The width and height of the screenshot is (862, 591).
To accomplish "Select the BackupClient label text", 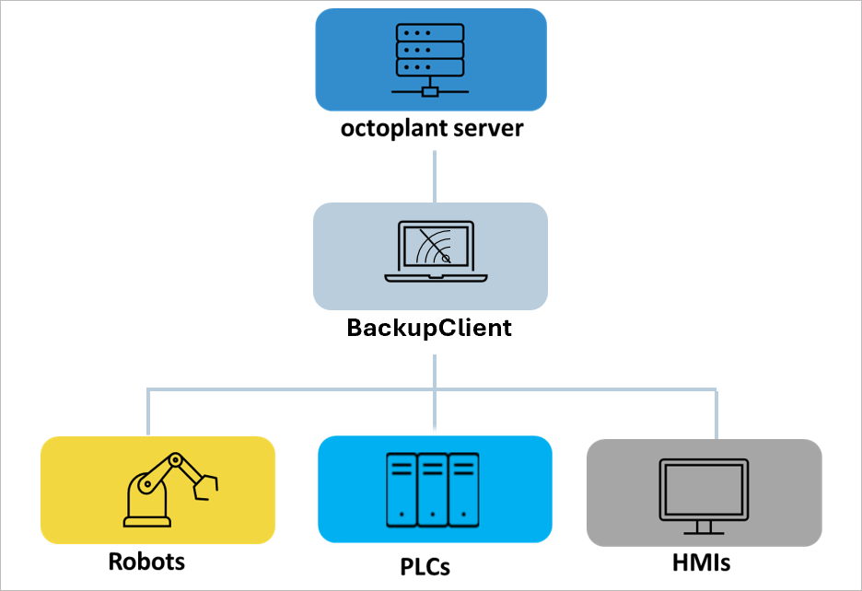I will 429,328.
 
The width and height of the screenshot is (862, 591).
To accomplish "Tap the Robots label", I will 146,561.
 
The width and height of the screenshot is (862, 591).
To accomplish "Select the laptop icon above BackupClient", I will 430,251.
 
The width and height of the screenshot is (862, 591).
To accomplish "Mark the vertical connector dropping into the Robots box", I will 147,411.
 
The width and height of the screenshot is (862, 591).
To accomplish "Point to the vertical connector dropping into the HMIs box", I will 716,413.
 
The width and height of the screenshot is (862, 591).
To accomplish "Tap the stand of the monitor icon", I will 705,527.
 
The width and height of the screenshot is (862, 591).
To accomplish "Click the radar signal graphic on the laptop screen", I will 436,248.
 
